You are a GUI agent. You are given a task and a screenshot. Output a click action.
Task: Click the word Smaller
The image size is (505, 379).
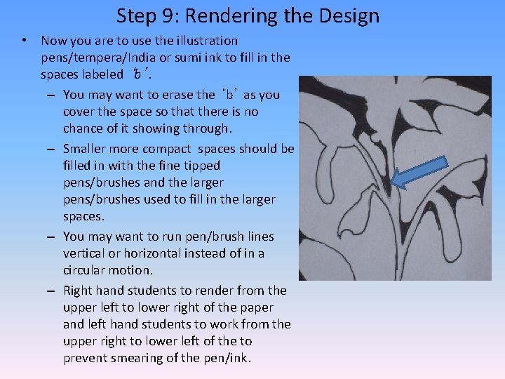coord(88,149)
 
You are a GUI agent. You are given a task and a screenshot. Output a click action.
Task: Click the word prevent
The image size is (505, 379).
coord(86,358)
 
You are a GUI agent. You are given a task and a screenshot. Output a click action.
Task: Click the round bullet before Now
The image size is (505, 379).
coord(25,41)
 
